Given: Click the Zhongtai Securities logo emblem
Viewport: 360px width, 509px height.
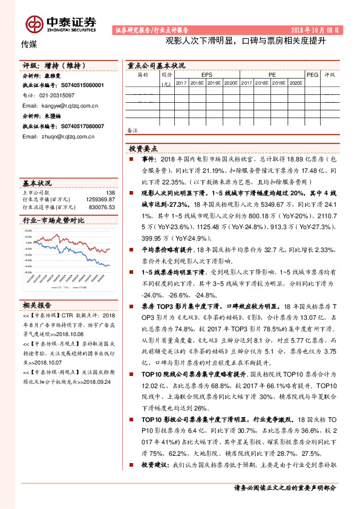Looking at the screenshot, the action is (x=34, y=22).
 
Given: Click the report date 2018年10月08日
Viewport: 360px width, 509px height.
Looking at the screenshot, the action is (x=315, y=29).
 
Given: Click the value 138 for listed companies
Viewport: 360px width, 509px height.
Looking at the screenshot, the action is (x=110, y=192).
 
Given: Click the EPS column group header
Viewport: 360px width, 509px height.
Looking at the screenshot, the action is (x=207, y=74).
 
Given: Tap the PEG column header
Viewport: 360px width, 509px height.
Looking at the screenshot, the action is (x=312, y=74).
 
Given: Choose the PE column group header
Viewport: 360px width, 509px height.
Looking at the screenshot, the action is (x=272, y=74).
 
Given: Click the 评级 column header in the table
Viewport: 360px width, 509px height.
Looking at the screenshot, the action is (x=330, y=74).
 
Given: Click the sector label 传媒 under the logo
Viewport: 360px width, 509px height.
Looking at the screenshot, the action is (x=29, y=44).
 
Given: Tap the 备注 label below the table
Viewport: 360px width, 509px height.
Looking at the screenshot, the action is (x=133, y=129).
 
